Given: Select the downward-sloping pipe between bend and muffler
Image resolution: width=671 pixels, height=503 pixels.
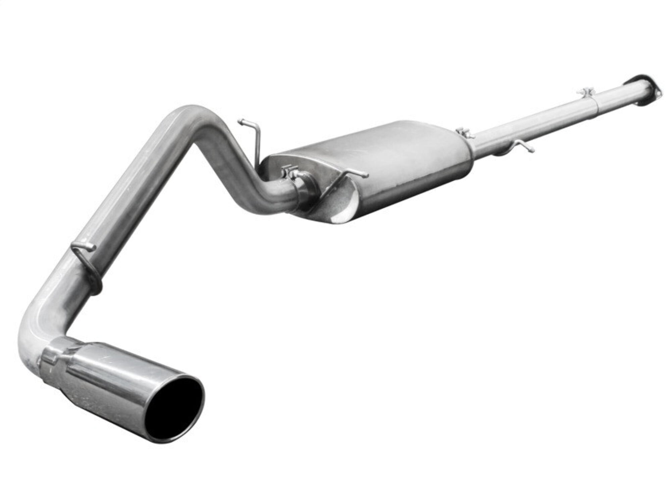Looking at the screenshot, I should (x=238, y=151).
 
